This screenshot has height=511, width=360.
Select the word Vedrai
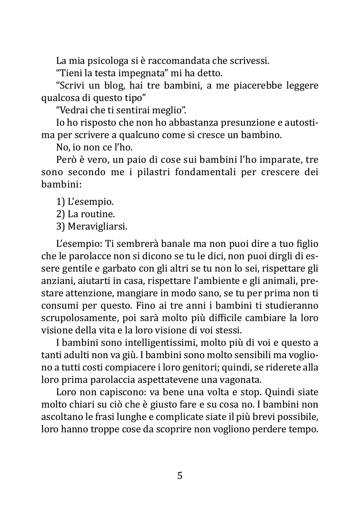[75, 110]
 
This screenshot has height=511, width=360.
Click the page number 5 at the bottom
[180, 476]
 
